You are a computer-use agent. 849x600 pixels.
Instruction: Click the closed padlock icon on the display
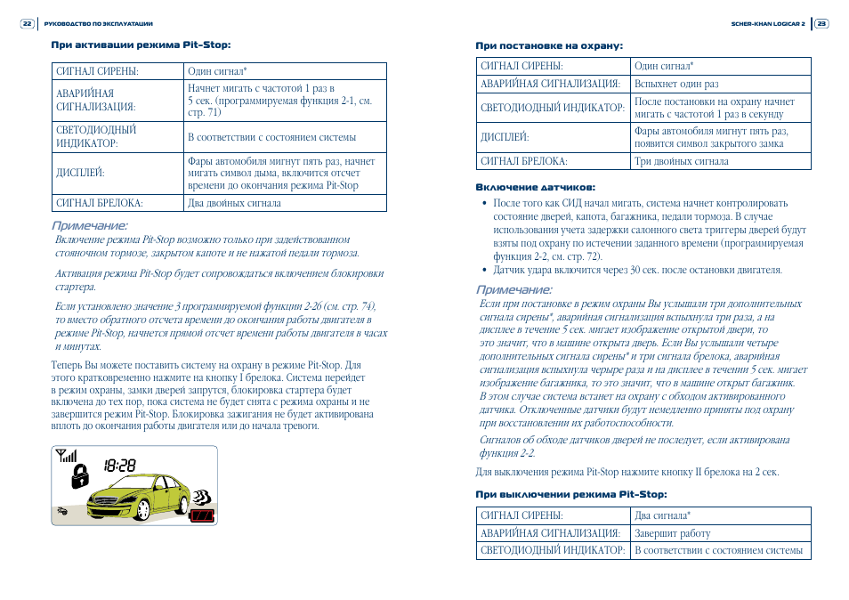point(80,476)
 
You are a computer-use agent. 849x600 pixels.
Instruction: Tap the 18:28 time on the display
point(119,465)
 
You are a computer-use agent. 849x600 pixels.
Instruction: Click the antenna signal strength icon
point(67,456)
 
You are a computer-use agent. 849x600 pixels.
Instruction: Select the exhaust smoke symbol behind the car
point(204,495)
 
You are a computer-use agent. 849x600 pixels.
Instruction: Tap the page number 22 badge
point(27,24)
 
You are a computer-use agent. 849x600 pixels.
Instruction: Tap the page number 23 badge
point(821,24)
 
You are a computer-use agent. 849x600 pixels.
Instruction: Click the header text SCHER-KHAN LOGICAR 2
point(767,24)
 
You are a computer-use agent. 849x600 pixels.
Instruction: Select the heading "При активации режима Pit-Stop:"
point(147,44)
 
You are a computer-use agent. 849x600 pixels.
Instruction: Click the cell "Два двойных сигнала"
point(234,203)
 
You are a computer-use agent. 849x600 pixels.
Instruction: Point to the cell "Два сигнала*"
point(662,515)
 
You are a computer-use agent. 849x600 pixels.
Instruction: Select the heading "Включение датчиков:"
point(535,187)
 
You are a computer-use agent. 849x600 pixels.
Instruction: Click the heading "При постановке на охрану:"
point(549,45)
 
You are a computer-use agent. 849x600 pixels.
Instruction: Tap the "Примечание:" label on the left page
point(89,226)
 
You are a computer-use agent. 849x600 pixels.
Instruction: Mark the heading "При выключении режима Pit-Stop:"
point(570,494)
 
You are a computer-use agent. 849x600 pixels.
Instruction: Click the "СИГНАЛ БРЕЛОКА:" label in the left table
point(100,203)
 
